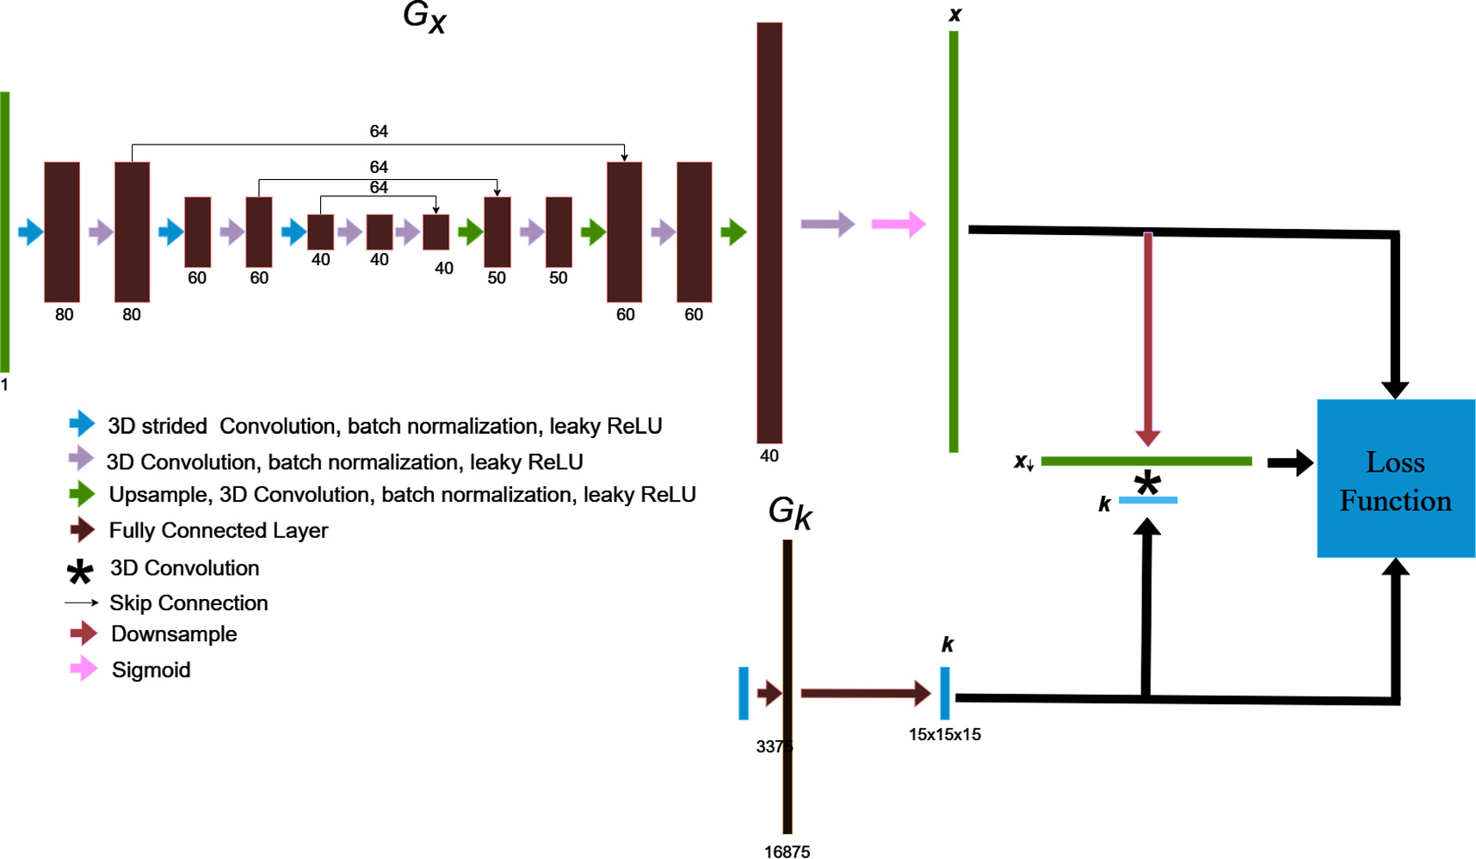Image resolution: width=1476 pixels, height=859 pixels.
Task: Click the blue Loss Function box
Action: (1395, 479)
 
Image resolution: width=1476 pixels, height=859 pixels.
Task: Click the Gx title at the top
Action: (424, 17)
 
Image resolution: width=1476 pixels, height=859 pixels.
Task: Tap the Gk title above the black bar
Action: (789, 513)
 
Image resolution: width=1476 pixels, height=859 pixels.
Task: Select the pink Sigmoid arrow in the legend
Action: (83, 669)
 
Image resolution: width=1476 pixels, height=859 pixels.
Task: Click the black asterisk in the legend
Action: (80, 572)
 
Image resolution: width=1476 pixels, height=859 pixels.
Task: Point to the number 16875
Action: (787, 851)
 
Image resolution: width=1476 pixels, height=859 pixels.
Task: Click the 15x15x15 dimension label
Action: (944, 734)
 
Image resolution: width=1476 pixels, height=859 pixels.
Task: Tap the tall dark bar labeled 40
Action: (769, 232)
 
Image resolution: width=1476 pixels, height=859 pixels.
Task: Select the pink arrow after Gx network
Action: (898, 224)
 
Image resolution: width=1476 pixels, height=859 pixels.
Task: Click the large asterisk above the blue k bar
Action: (1146, 484)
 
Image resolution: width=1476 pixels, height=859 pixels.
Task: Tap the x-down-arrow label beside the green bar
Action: (1023, 462)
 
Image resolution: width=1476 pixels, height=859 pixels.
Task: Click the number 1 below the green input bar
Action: (4, 385)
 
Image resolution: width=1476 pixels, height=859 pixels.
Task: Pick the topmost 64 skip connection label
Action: (379, 131)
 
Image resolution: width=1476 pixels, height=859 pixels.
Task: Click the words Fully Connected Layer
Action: (219, 530)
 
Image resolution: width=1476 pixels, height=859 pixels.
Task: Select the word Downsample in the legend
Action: (174, 634)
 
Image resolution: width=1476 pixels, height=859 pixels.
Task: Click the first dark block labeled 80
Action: (62, 232)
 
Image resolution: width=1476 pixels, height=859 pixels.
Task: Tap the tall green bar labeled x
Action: (954, 241)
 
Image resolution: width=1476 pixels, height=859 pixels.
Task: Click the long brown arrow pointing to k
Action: (865, 693)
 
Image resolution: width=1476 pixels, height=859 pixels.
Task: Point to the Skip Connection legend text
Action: (188, 603)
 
